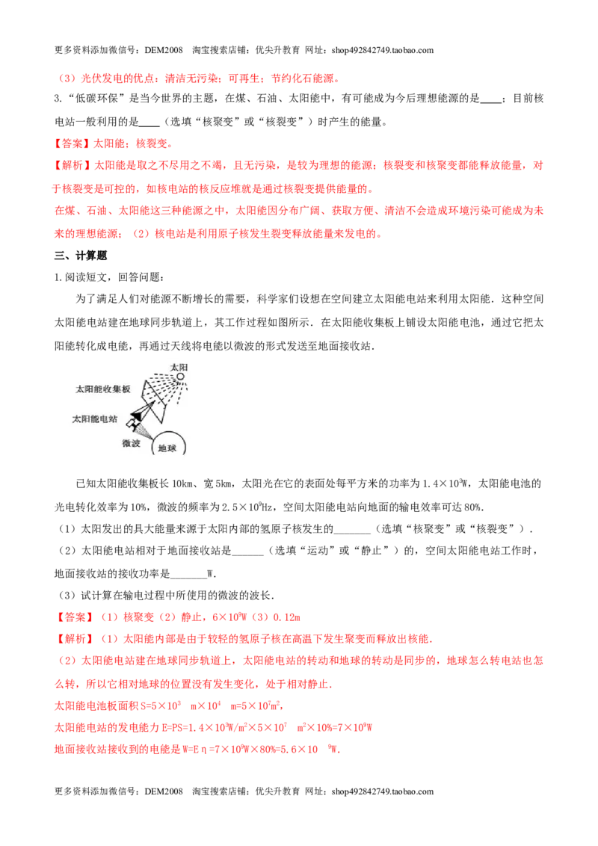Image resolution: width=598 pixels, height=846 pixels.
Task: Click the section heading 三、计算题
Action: [81, 256]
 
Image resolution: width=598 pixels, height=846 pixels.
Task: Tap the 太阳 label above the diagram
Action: [179, 368]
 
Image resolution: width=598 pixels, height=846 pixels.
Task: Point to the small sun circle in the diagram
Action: [180, 377]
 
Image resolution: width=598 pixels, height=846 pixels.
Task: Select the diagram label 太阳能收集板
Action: [102, 389]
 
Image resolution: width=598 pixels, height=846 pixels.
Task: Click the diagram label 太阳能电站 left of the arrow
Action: [94, 419]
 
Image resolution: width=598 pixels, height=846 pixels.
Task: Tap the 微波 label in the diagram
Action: [131, 443]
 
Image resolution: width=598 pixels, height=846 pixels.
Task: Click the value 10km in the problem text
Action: [182, 484]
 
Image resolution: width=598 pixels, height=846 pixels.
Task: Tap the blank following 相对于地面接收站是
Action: [247, 551]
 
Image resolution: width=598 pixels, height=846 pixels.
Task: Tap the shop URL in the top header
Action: [383, 50]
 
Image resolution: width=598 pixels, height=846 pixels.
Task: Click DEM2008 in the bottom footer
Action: [164, 791]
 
